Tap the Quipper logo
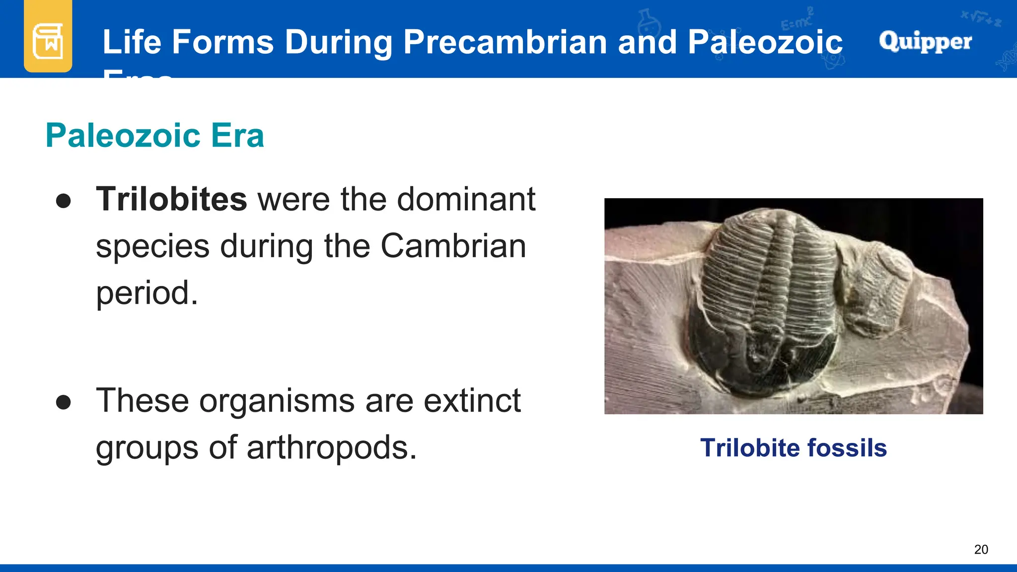(925, 41)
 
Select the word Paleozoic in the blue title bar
(765, 42)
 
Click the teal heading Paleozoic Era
(154, 136)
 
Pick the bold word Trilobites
(171, 199)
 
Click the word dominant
(466, 199)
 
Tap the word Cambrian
(453, 246)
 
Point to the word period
(146, 293)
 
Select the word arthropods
(331, 447)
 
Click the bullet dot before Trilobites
(64, 201)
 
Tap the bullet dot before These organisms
(64, 402)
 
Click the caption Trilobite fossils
(793, 448)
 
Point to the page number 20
(981, 550)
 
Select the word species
(152, 247)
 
